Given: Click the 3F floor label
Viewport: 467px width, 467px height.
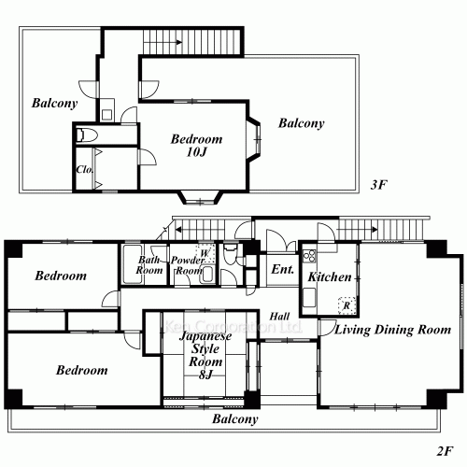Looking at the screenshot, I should point(378,185).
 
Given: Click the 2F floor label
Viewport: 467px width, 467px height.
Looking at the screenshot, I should point(444,449).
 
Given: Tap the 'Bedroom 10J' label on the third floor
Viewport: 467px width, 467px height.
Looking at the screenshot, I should point(195,147).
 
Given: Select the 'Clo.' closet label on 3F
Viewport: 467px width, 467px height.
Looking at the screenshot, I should point(82,171).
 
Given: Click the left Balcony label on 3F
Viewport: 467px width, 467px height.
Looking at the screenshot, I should point(52,103).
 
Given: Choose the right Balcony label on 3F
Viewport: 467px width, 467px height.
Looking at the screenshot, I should point(301,123).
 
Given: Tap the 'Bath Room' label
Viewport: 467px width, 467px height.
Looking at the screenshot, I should point(151,264).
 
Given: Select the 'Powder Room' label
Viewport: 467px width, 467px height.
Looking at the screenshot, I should point(186,264).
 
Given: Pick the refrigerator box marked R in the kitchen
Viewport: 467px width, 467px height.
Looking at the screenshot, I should point(346,305).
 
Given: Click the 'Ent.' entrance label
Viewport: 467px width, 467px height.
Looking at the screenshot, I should point(282,270).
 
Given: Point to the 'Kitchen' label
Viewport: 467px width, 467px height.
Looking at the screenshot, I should point(330,277).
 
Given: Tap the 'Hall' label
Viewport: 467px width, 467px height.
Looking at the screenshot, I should point(278,317).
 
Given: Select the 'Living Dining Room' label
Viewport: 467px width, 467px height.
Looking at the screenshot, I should point(393,330).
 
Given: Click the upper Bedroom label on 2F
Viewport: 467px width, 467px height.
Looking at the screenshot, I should point(61,276).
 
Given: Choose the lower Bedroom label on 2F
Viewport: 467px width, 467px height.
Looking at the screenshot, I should point(81,370).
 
